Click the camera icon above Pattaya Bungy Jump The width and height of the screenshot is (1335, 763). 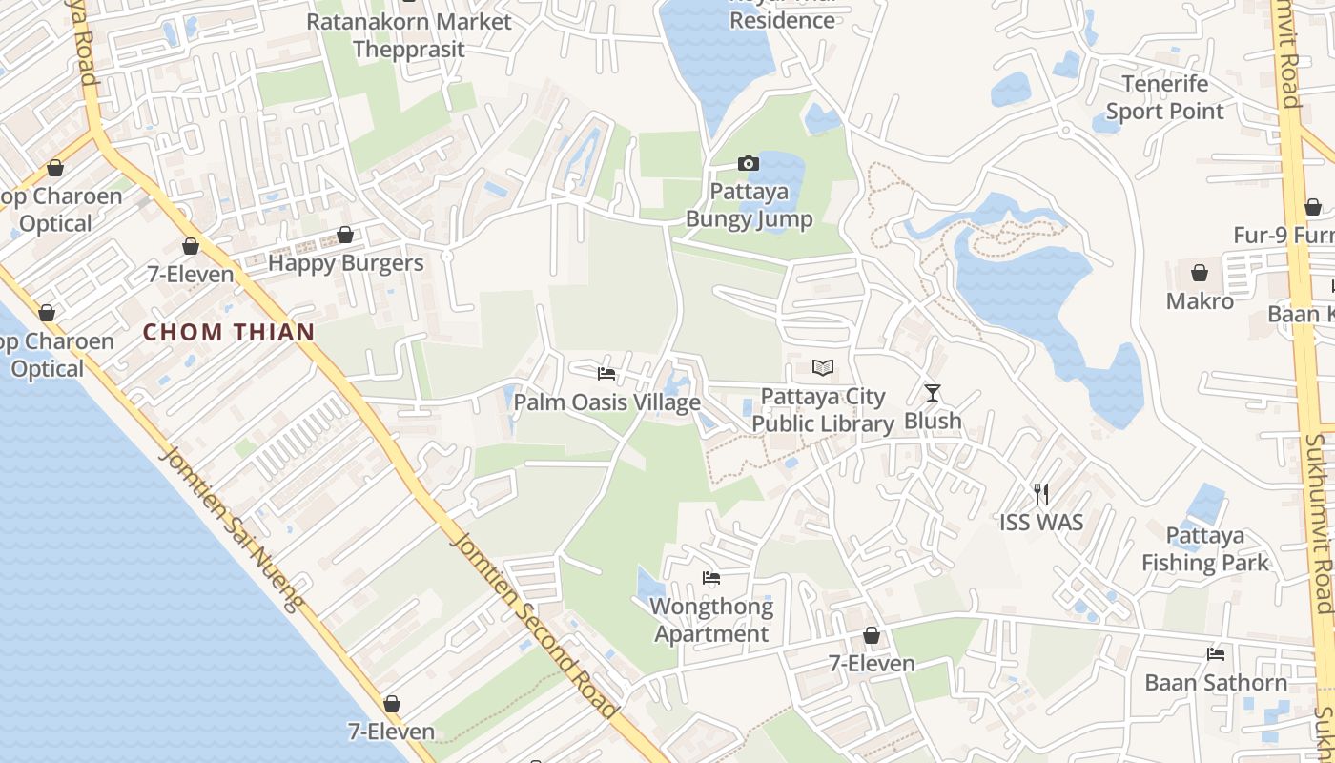coord(749,163)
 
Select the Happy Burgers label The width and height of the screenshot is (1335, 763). coord(345,263)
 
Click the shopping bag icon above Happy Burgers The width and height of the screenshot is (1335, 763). coord(345,235)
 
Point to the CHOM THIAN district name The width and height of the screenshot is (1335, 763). coord(229,332)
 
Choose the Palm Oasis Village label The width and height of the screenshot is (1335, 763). coord(607,402)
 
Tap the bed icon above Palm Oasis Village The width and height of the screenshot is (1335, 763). coord(606,373)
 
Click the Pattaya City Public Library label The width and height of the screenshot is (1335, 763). coord(823,410)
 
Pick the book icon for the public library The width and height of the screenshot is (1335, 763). coord(823,367)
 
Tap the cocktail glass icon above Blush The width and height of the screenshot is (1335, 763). coord(933,392)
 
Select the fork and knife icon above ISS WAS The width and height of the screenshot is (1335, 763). coord(1041,493)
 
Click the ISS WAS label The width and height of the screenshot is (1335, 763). coord(1041,522)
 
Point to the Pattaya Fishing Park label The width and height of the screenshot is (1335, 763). coord(1205,548)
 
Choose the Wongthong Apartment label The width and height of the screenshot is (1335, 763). coord(711,620)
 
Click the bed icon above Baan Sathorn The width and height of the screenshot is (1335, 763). coord(1216,653)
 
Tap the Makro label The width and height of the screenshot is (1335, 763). coord(1200,301)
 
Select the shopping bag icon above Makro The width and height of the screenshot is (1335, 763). coord(1200,274)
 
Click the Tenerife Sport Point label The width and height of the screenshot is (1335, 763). coord(1164,97)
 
